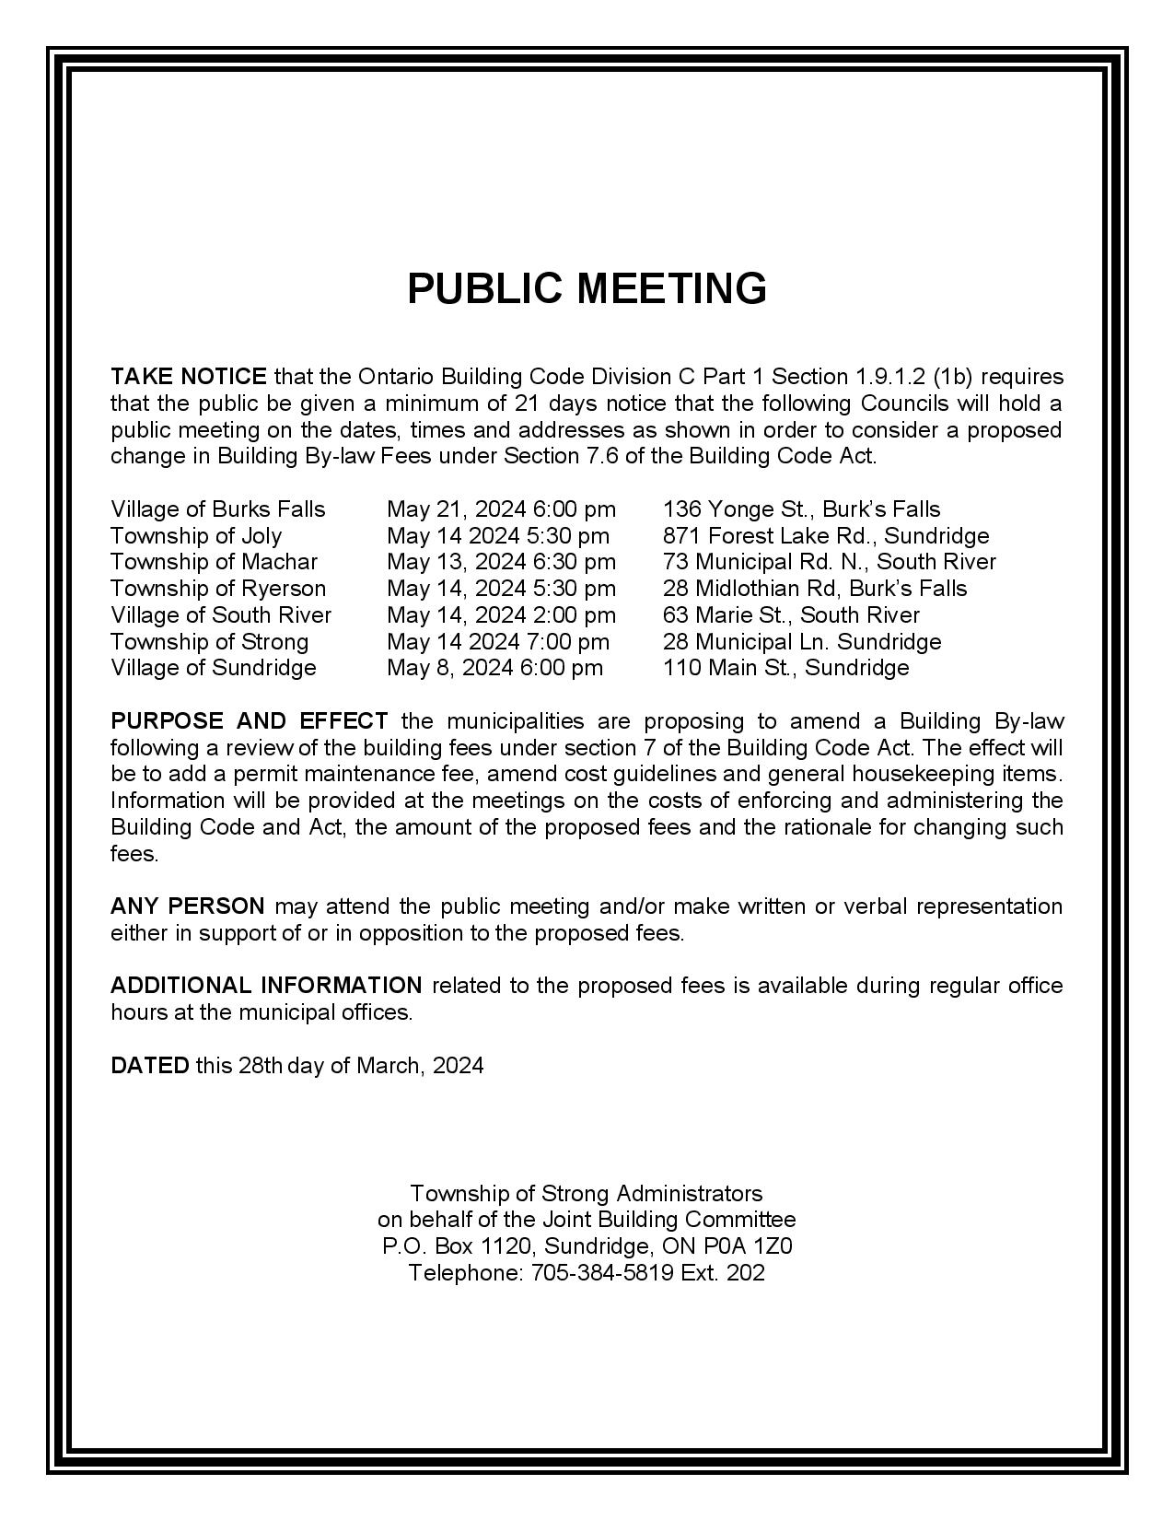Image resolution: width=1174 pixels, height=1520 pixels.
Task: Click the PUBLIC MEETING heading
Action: click(x=587, y=288)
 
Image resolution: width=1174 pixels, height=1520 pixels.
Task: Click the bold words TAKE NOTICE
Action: click(x=189, y=377)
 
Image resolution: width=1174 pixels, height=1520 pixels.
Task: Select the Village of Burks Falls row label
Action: click(x=218, y=509)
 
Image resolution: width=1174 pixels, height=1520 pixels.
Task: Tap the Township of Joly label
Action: click(x=196, y=536)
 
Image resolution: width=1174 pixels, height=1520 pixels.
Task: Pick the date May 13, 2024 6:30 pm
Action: click(x=501, y=562)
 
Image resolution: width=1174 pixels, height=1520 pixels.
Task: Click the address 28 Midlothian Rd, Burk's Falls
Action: click(x=815, y=589)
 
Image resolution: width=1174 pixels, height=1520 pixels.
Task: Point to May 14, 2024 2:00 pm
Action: click(x=501, y=615)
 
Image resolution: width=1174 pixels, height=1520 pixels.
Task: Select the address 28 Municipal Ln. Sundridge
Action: click(x=802, y=642)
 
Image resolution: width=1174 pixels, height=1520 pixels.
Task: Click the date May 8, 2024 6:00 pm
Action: click(x=494, y=668)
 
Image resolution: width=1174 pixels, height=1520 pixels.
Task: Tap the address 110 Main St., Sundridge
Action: click(x=785, y=668)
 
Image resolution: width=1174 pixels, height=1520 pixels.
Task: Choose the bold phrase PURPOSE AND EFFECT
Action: click(x=250, y=721)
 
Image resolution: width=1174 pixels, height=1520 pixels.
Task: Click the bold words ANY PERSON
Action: click(x=188, y=906)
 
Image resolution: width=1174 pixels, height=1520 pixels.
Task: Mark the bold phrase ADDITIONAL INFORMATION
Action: click(x=266, y=986)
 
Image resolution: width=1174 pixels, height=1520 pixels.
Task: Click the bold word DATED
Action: click(x=149, y=1066)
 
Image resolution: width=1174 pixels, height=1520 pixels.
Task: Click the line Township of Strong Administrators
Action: click(x=587, y=1194)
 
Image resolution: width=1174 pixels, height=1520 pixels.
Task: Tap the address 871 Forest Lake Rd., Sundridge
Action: click(x=826, y=536)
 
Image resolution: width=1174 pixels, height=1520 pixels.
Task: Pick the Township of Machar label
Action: click(x=214, y=562)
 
